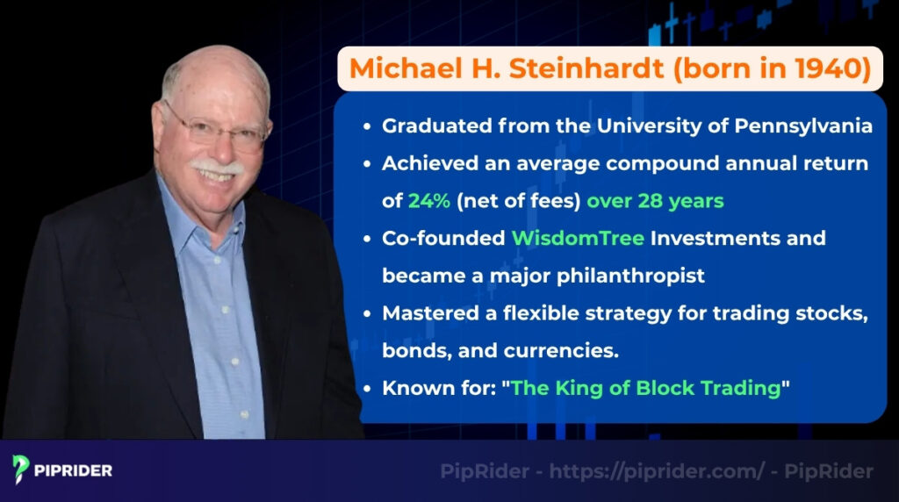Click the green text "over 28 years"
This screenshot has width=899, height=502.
click(x=655, y=201)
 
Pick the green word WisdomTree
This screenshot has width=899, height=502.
click(x=566, y=239)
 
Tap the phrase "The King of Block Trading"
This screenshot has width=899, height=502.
click(x=646, y=388)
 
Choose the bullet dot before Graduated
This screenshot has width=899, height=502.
click(x=369, y=126)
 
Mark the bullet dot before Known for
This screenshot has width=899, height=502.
click(x=369, y=388)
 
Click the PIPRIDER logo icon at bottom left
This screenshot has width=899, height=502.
click(x=22, y=470)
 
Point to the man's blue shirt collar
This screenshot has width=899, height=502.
click(x=189, y=211)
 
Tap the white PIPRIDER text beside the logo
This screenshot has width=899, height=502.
click(x=75, y=470)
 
